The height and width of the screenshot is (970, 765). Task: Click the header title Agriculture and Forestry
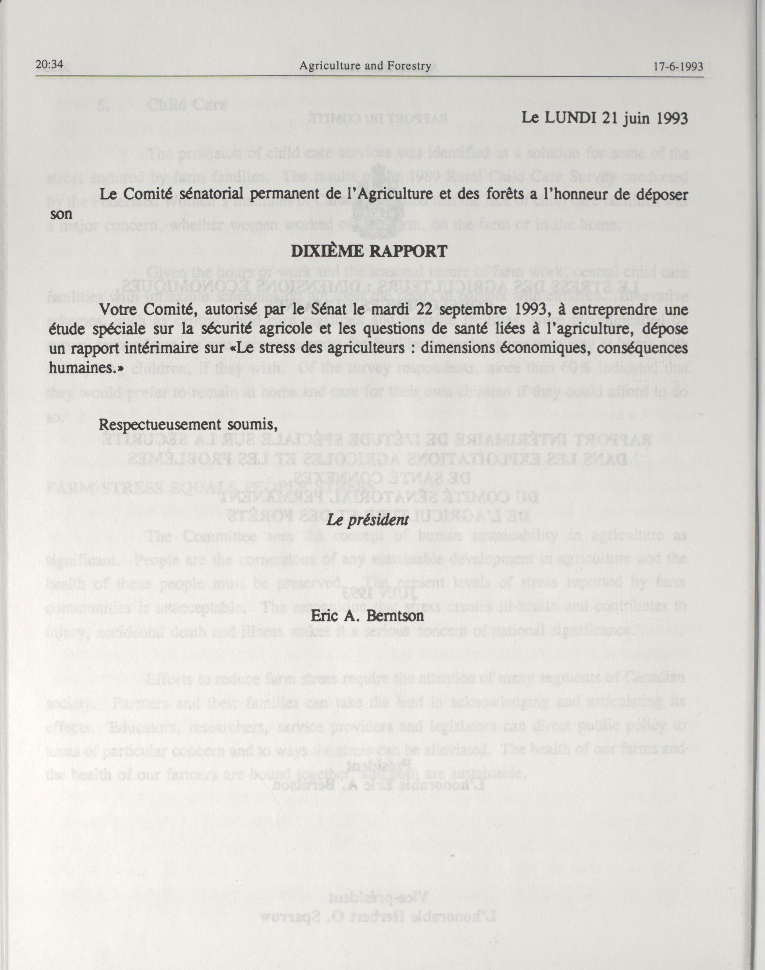point(365,66)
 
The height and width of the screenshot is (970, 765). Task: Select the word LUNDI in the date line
point(570,118)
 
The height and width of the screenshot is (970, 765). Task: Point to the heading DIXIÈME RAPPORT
point(369,251)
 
